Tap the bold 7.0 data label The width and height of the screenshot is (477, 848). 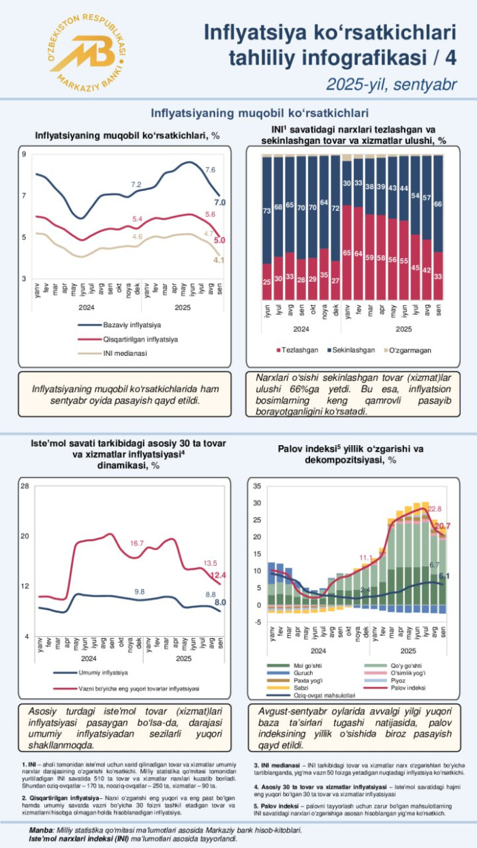[x=220, y=202]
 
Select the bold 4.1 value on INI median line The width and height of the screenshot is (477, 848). [x=219, y=260]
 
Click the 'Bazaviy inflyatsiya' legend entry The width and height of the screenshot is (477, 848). [x=132, y=324]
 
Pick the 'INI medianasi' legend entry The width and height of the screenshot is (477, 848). [x=124, y=353]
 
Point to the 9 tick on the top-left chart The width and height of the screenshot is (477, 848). [x=24, y=154]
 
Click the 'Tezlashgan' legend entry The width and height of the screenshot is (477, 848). [x=298, y=350]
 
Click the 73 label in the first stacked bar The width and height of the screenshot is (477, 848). [x=267, y=211]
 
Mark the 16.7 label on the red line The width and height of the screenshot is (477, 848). [x=137, y=543]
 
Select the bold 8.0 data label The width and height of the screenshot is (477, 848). [x=220, y=602]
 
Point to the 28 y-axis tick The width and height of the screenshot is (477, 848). [x=25, y=486]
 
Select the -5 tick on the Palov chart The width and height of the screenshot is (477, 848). [x=257, y=622]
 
